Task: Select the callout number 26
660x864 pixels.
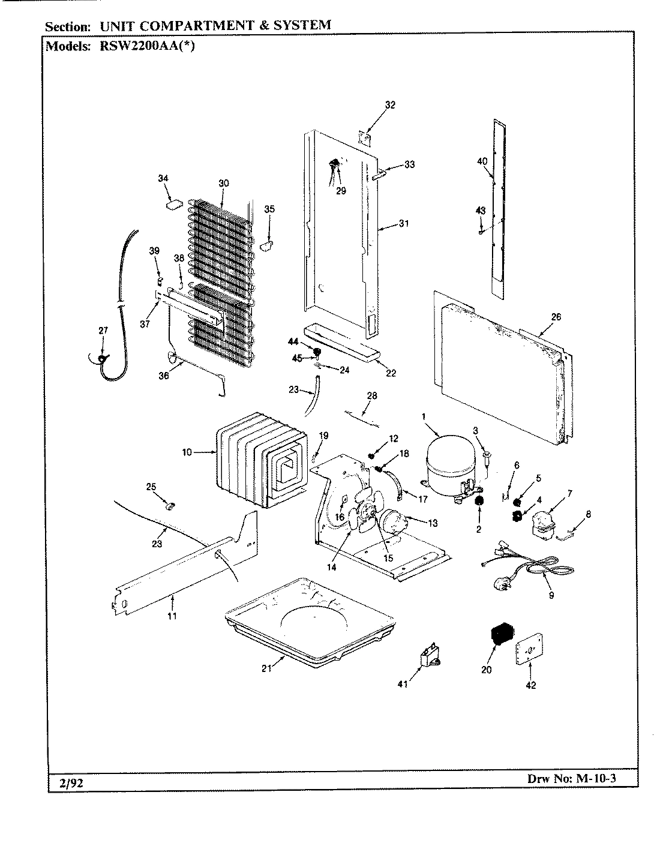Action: tap(556, 317)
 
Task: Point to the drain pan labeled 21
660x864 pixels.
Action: tap(310, 620)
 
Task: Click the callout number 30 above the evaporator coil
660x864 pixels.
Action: tap(223, 183)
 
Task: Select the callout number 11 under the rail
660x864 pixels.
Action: tap(172, 615)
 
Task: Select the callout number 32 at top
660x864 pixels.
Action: tap(390, 105)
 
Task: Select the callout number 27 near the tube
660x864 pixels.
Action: tap(103, 331)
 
